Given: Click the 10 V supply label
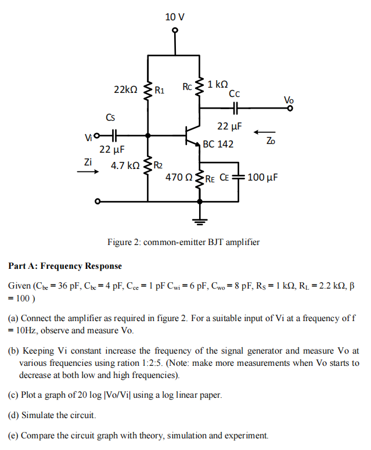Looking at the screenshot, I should tap(174, 17).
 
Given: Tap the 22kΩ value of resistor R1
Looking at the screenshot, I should tap(125, 89).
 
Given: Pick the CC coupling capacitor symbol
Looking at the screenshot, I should tap(235, 108).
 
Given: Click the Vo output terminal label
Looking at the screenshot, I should tap(289, 99).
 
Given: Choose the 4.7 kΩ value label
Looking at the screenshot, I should tap(125, 165).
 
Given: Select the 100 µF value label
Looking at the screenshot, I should tap(263, 177).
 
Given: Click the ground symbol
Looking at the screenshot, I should tap(200, 219).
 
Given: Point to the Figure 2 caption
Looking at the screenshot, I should tap(183, 242).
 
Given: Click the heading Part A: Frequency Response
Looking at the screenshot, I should tap(65, 266).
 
